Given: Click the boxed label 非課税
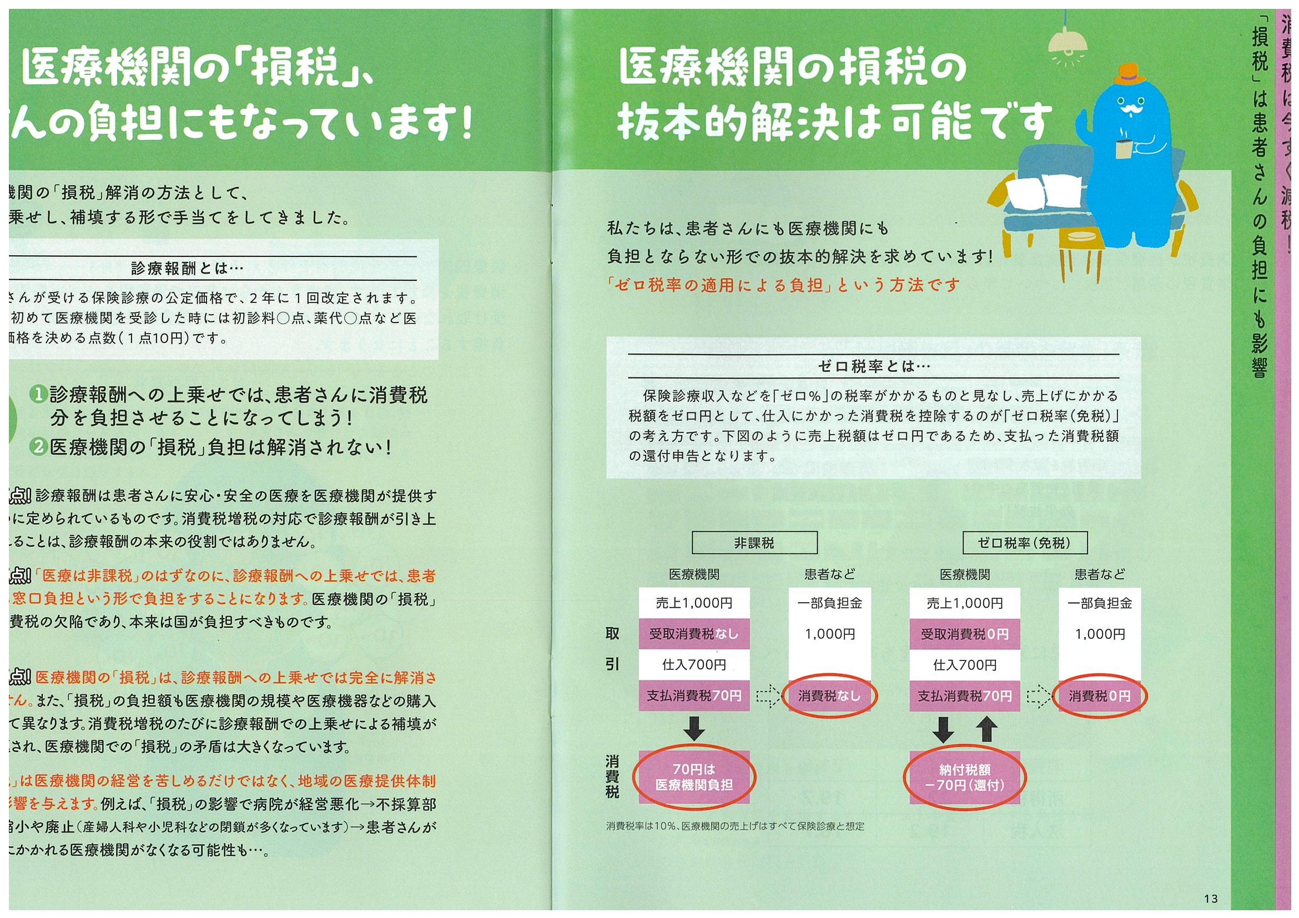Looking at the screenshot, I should click(x=754, y=543).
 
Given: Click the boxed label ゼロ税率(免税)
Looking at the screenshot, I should click(x=1025, y=543).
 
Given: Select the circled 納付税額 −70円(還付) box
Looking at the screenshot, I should click(x=965, y=778).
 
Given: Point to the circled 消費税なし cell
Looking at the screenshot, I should click(x=829, y=695).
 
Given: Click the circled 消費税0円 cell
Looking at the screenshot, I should click(x=1099, y=695).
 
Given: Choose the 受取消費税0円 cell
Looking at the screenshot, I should click(x=965, y=634).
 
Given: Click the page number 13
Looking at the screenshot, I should click(x=1211, y=899).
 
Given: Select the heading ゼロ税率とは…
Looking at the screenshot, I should click(x=874, y=366).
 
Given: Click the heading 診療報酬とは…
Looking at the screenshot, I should click(x=187, y=269).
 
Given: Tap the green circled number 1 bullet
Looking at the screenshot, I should click(x=38, y=394).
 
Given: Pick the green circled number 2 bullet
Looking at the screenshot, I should click(x=38, y=447).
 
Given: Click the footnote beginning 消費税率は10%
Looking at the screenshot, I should click(x=735, y=826).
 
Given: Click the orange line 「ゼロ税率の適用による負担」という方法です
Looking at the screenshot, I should click(x=783, y=285).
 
